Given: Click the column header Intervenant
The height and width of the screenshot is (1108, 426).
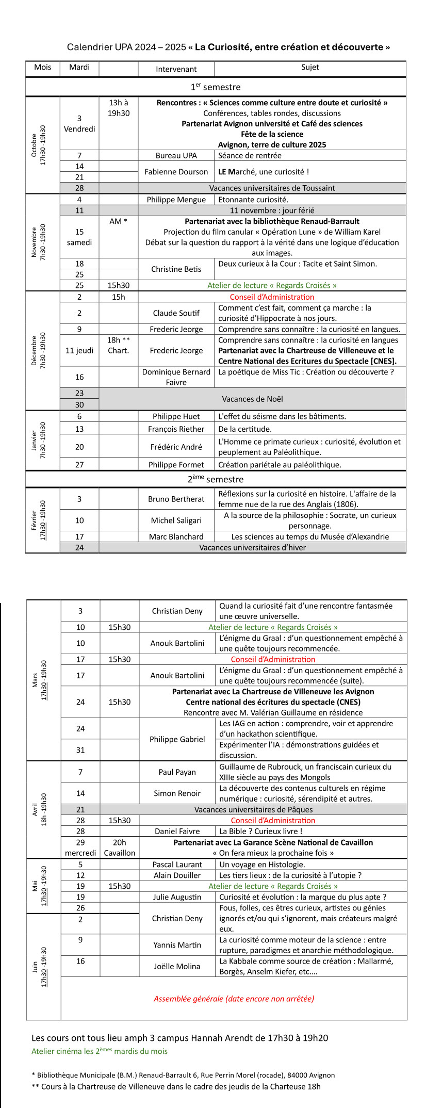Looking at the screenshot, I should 176,69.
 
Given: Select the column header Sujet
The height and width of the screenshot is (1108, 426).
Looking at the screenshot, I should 310,68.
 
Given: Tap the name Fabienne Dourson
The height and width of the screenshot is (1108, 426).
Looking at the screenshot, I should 176,172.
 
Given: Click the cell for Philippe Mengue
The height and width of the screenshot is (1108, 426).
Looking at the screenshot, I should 176,200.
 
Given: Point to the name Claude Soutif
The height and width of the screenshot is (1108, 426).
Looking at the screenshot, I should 176,313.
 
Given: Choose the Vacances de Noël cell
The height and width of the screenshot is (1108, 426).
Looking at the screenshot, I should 252,399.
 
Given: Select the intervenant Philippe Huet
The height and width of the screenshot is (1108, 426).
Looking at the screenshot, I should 176,416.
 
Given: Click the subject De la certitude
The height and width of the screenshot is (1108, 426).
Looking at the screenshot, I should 244,429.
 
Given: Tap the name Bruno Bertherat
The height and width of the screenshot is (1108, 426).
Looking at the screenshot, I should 176,499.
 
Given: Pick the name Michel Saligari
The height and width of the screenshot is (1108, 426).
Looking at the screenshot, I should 176,520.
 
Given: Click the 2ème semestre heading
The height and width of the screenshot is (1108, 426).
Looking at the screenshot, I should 216,479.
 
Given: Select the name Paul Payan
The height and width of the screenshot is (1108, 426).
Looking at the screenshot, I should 177,772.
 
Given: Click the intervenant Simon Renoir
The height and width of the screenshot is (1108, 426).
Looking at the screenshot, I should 177,793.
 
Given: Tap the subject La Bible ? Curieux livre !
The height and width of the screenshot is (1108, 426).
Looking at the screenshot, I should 260,831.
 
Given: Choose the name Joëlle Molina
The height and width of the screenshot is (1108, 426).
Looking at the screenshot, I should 177,966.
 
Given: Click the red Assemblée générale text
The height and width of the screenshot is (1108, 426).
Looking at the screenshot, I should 234,999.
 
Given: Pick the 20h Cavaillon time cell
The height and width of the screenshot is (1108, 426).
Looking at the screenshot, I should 119,848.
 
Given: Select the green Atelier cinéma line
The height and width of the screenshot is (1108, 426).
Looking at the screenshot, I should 99,1051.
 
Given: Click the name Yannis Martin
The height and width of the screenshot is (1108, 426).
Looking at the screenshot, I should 177,945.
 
